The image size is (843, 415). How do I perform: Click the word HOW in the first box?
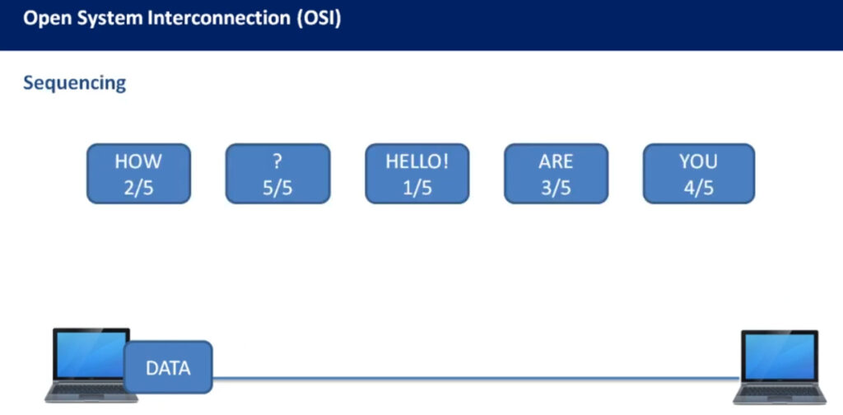click(x=138, y=161)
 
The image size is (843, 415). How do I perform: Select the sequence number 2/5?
click(x=138, y=189)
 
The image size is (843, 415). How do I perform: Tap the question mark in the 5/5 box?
click(x=277, y=161)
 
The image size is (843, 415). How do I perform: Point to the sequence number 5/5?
click(x=277, y=189)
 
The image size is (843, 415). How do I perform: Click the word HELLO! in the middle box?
click(x=417, y=161)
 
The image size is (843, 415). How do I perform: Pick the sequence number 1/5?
click(x=417, y=189)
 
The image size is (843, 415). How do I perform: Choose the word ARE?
click(x=556, y=161)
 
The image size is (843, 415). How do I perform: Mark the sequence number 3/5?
click(x=556, y=189)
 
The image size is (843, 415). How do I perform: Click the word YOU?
click(x=698, y=161)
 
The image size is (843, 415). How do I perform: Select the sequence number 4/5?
click(x=698, y=189)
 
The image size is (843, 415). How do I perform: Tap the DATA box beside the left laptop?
click(x=168, y=367)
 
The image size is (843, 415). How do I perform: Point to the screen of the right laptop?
click(x=780, y=356)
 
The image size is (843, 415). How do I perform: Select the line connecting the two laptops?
click(x=476, y=379)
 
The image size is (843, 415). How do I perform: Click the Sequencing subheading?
click(x=75, y=83)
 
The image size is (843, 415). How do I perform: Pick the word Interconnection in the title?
click(x=218, y=18)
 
